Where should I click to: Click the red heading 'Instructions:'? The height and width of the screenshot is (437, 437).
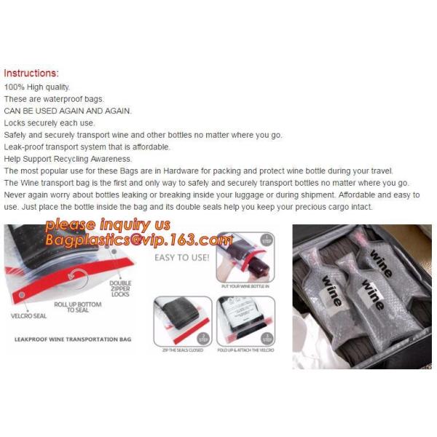[x=31, y=74]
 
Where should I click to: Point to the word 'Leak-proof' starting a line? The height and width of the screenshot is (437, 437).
[x=23, y=147]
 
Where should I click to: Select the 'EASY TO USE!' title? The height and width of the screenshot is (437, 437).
[x=182, y=257]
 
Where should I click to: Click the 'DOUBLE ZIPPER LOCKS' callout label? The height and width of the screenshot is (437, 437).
[x=120, y=288]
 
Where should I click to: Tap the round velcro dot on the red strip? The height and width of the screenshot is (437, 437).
[x=23, y=295]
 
